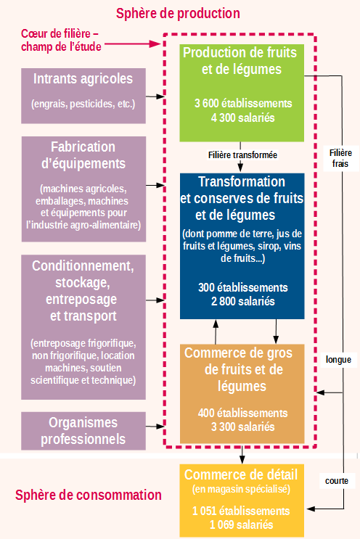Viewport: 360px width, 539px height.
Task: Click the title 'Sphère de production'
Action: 178,13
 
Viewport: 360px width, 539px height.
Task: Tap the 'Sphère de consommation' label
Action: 89,495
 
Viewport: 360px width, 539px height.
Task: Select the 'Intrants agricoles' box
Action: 83,96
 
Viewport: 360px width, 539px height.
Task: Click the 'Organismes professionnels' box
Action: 83,431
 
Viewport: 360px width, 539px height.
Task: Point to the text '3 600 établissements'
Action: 243,103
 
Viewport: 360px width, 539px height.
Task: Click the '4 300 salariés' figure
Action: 242,118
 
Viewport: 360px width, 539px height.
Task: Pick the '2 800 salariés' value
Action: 242,301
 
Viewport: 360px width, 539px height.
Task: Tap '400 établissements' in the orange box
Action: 242,413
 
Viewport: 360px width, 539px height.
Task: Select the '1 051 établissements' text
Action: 241,511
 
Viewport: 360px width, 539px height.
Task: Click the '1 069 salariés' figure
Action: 242,524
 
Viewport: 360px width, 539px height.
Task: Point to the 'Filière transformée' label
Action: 242,155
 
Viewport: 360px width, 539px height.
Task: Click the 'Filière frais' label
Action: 340,158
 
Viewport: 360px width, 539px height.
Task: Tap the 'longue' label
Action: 338,360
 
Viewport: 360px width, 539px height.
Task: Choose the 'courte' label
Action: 337,481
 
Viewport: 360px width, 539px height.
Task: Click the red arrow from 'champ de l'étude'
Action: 133,44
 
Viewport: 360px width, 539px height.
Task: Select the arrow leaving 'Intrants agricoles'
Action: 155,96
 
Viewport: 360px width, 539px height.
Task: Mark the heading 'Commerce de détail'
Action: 241,474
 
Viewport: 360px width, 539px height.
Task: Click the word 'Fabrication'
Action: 83,147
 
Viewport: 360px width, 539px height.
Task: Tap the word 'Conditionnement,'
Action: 83,266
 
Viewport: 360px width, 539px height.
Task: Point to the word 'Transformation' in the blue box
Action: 242,181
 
